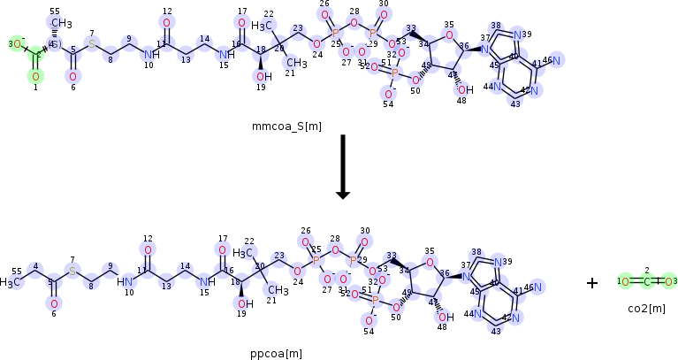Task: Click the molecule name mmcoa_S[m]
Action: (x=286, y=126)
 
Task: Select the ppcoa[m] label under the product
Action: (x=276, y=354)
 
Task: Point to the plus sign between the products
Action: (x=592, y=283)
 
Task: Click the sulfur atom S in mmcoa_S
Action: (x=91, y=44)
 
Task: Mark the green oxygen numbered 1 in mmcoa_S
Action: (x=35, y=76)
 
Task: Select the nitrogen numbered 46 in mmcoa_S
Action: (x=558, y=61)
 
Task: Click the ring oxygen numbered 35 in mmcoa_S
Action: (x=449, y=36)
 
